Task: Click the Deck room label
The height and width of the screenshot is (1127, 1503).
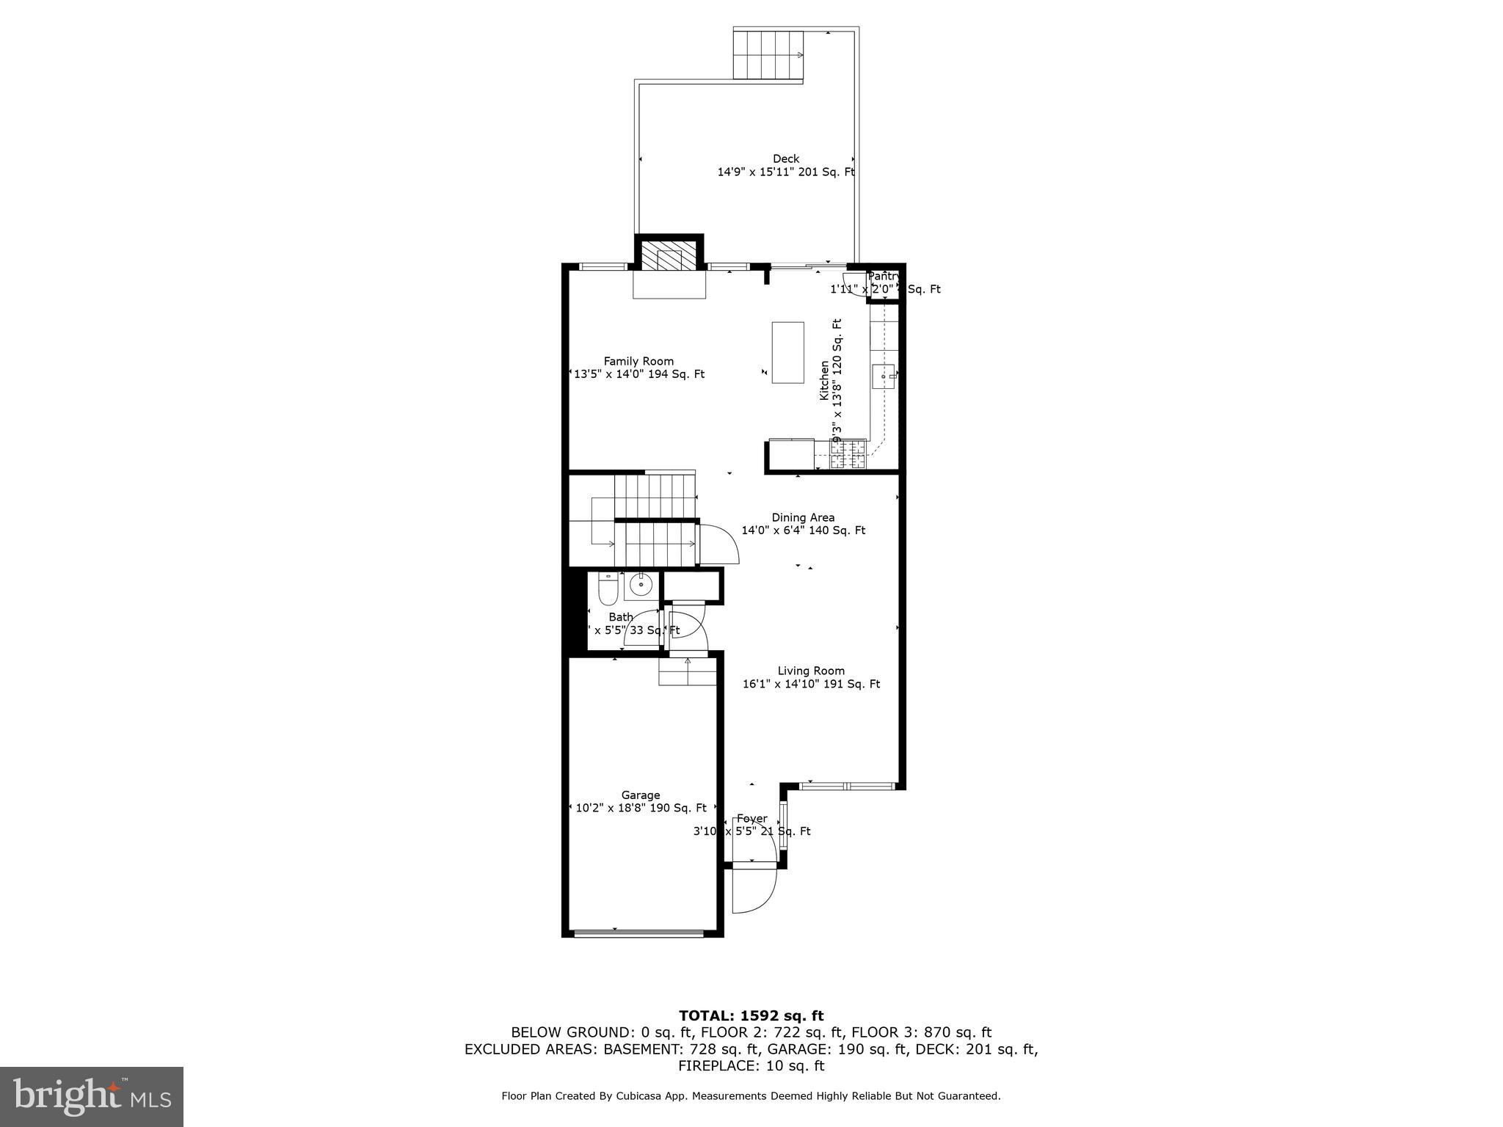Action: point(785,158)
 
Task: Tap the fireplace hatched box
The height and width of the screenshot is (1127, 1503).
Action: point(669,257)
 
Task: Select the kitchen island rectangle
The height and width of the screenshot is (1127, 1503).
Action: point(787,352)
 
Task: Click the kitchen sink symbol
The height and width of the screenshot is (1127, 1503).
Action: point(884,376)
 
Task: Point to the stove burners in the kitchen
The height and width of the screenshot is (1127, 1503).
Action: point(848,453)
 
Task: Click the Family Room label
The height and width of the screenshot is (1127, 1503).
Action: point(638,361)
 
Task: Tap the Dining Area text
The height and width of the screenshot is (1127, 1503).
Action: point(803,517)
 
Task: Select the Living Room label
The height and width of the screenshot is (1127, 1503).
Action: point(811,671)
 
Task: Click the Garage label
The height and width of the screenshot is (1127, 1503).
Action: point(641,795)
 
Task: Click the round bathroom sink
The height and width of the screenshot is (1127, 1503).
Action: point(641,586)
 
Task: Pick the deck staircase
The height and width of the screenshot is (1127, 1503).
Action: point(768,55)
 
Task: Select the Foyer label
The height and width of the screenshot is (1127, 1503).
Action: point(751,819)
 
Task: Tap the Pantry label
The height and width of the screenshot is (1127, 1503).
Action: point(883,277)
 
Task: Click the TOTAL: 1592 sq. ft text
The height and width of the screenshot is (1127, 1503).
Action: point(751,1015)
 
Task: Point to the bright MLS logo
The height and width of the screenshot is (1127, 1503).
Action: point(92,1096)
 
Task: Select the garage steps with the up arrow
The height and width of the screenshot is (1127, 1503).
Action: point(687,671)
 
